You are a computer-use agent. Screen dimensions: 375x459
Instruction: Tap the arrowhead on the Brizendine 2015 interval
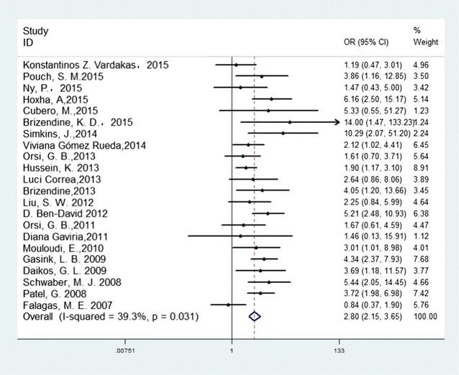coord(336,122)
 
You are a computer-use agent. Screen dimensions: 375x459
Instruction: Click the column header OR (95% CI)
coord(368,42)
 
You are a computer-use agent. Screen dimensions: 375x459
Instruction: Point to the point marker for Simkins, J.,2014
coord(283,134)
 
